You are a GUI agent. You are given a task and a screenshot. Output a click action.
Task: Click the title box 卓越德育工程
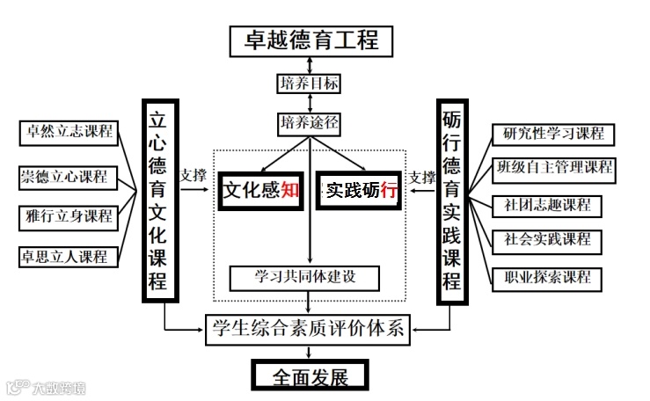tap(310, 40)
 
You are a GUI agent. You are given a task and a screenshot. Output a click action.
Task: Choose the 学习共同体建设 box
tap(304, 278)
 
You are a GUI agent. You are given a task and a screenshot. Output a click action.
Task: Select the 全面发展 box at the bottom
tap(309, 376)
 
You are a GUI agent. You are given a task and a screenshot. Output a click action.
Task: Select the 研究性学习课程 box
tap(553, 135)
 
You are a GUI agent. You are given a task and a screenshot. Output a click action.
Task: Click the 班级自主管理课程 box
tap(553, 167)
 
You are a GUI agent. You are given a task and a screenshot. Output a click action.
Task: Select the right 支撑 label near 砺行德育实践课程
tap(422, 177)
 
